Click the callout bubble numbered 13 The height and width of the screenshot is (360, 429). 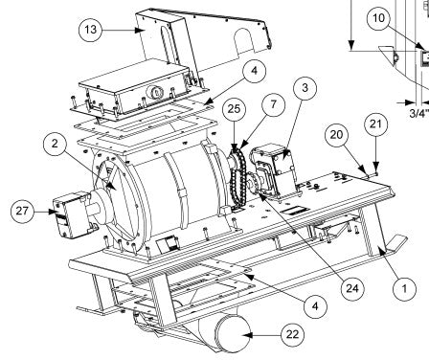(x=90, y=30)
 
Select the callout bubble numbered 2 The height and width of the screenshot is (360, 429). (x=55, y=144)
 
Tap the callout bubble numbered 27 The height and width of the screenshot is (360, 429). (x=22, y=211)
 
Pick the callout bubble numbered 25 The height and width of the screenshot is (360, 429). (x=234, y=109)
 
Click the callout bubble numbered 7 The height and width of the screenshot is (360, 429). (x=273, y=104)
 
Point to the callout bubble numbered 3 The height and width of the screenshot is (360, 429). (x=305, y=87)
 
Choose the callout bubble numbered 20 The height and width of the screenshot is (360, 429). (x=336, y=135)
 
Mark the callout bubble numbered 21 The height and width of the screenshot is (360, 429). (x=375, y=124)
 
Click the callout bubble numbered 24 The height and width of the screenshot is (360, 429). (x=352, y=288)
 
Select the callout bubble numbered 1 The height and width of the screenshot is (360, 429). (x=404, y=288)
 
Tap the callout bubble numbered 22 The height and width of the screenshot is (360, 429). (x=293, y=335)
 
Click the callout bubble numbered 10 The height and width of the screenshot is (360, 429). (x=378, y=18)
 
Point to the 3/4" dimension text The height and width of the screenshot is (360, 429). (x=418, y=113)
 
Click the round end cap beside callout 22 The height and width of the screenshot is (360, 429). (x=233, y=333)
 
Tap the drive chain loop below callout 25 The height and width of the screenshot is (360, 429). (x=238, y=179)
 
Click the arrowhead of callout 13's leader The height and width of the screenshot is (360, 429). (x=139, y=30)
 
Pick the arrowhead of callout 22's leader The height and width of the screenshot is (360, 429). (x=248, y=335)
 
